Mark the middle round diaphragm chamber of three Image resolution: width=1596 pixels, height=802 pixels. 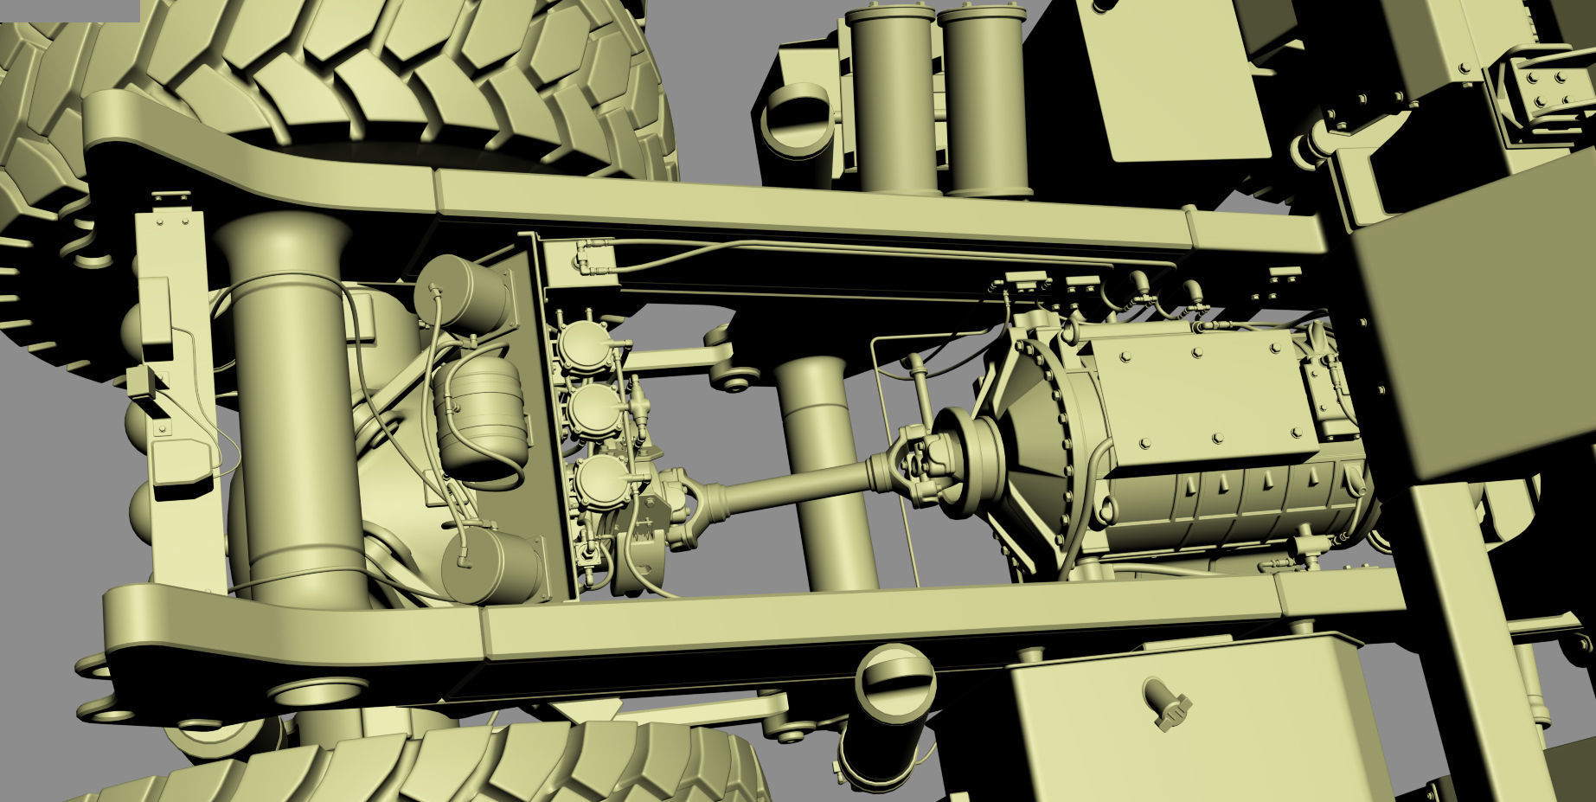(595, 411)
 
